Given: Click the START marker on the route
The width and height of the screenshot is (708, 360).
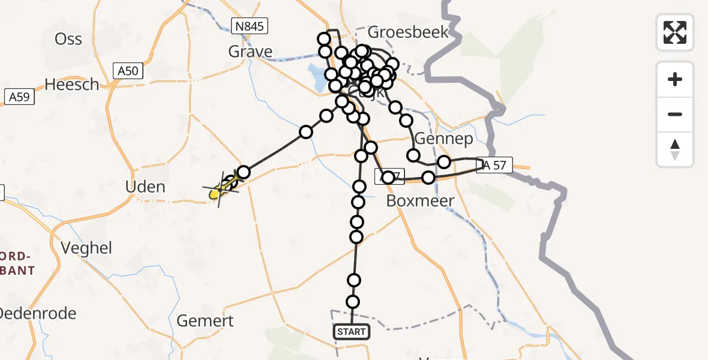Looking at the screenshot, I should pyautogui.click(x=351, y=331).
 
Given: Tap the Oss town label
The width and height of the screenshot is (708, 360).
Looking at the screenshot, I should pyautogui.click(x=68, y=39).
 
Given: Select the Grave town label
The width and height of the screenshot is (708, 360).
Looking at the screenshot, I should pyautogui.click(x=250, y=52).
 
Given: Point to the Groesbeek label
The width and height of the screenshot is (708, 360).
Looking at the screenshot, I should pyautogui.click(x=409, y=32).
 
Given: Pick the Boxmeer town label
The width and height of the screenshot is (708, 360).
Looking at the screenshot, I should pyautogui.click(x=420, y=200).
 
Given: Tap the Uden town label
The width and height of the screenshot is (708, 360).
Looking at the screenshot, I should pyautogui.click(x=145, y=187).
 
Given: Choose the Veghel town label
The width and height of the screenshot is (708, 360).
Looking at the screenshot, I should pyautogui.click(x=86, y=247).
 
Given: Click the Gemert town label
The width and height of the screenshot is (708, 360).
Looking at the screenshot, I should pyautogui.click(x=205, y=320).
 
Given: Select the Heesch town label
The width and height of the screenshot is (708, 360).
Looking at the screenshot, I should pyautogui.click(x=71, y=85).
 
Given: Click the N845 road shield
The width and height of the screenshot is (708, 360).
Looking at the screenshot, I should pyautogui.click(x=249, y=26).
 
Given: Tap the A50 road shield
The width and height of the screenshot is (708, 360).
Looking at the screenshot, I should pyautogui.click(x=128, y=71).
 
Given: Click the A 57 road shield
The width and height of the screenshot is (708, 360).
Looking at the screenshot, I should pyautogui.click(x=494, y=166).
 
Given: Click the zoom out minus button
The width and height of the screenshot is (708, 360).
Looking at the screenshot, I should pyautogui.click(x=675, y=114).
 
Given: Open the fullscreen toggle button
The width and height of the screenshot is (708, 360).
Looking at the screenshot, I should pyautogui.click(x=675, y=32).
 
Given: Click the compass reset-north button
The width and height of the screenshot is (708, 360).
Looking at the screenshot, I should pyautogui.click(x=675, y=149).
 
